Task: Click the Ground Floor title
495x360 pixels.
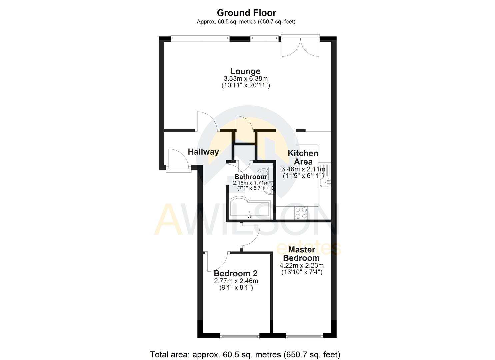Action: pos(246,13)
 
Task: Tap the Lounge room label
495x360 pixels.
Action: pos(245,71)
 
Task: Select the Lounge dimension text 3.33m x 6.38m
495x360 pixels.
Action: pos(246,79)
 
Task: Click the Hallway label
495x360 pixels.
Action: pos(203,152)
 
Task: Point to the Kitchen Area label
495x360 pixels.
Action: pos(303,157)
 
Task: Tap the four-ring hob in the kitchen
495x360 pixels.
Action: pos(301,213)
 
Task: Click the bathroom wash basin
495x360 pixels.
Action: pos(269,189)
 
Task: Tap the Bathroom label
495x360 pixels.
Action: pos(250,177)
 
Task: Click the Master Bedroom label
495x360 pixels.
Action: pos(301,254)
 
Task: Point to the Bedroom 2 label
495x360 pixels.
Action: pos(236,274)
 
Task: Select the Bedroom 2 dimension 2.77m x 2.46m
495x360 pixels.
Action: pos(236,281)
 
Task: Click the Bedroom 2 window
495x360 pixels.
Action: pos(239,336)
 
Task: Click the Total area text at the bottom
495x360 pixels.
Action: pos(245,354)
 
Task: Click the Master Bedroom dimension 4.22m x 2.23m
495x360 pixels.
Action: pos(301,266)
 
